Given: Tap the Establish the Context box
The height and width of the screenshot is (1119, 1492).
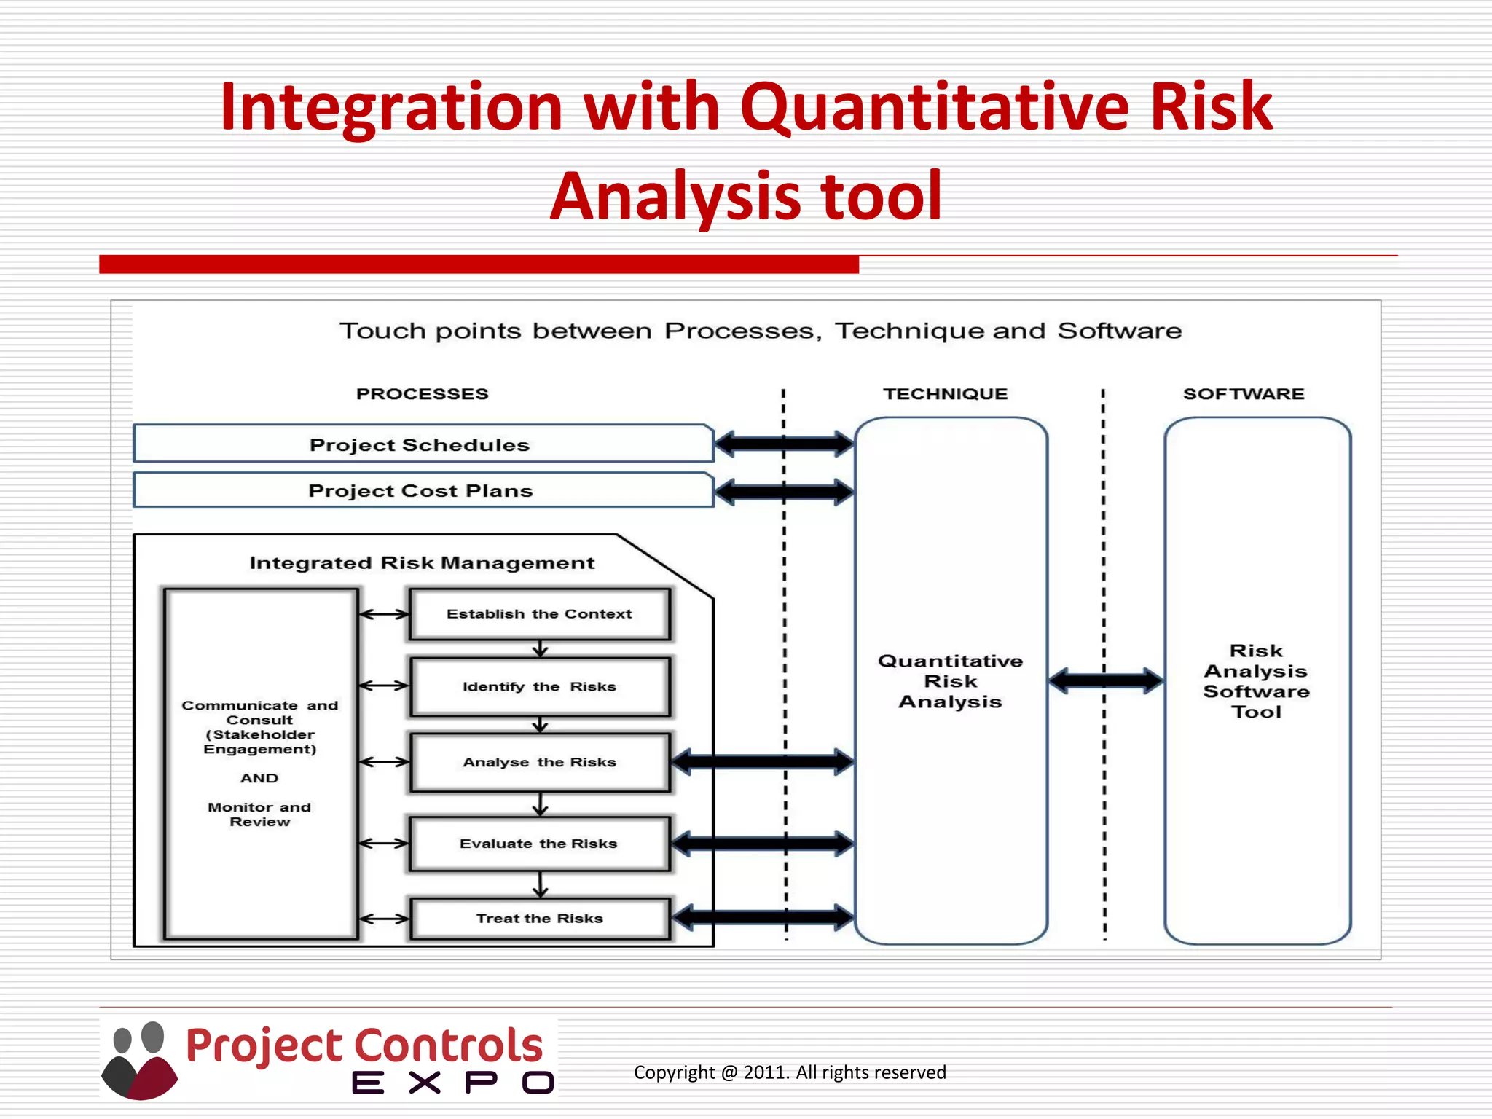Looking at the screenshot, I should coord(539,614).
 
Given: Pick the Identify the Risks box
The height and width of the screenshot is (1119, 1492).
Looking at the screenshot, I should coord(539,687).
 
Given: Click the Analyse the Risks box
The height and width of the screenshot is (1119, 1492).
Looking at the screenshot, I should coord(539,763).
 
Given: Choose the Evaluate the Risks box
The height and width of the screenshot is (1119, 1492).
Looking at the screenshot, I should coord(539,844).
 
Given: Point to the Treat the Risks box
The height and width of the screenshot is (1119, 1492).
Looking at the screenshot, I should coord(539,919).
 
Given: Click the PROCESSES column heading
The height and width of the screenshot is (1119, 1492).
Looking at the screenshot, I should coord(422,394).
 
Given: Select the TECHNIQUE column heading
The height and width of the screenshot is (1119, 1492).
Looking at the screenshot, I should coord(946,394).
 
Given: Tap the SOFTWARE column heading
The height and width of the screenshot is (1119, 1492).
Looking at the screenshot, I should coord(1244,394).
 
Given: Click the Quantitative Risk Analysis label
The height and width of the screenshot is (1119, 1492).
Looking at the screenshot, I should coord(950,681).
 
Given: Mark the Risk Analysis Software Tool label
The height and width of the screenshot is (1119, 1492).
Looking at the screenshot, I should coord(1256,681).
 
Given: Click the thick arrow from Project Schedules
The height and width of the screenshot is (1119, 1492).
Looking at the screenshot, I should coord(784,444).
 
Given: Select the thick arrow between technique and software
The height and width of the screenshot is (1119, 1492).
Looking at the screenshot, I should coord(1106,681).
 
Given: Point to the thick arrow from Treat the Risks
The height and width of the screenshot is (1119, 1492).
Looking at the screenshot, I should coord(762,917).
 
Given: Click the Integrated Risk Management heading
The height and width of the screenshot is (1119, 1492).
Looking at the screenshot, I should coord(422,563).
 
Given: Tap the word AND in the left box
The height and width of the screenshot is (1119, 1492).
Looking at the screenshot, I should coord(259,778).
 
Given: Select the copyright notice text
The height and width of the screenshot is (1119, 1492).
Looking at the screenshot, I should coord(790,1072).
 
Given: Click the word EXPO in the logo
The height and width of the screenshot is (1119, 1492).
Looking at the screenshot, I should coord(453,1083).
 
